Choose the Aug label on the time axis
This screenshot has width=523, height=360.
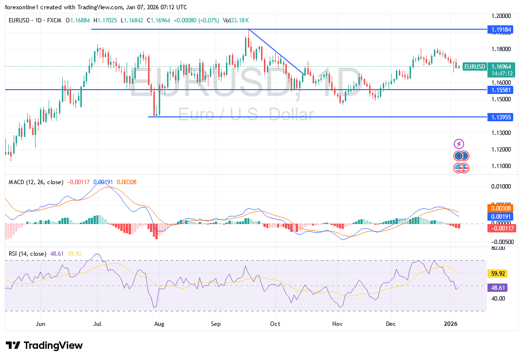point(159,323)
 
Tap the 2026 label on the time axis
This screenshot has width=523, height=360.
point(451,323)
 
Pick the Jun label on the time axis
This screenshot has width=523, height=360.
point(40,323)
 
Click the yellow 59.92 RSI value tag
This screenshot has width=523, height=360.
point(497,273)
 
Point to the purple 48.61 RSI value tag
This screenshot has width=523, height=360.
point(497,287)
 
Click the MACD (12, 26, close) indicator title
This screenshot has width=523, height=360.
point(36,182)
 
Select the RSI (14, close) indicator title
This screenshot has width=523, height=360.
point(27,253)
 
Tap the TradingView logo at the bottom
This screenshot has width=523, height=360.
point(44,345)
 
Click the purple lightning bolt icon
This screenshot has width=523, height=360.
point(459,144)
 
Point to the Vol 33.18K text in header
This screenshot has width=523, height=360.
point(236,20)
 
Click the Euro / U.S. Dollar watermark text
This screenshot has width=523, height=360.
point(245,114)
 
